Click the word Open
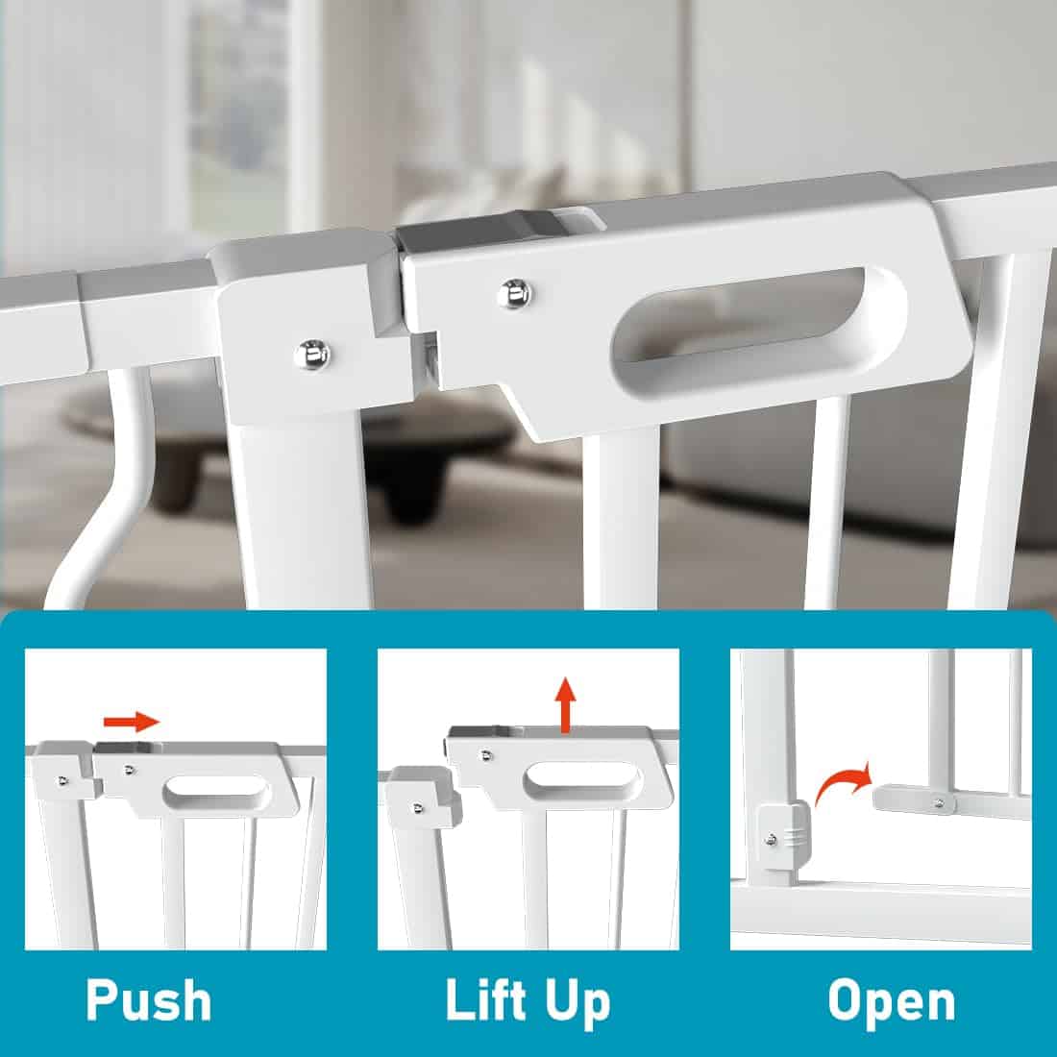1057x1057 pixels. (891, 1003)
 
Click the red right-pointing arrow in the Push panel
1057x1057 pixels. (132, 721)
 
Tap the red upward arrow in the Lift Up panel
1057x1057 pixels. (566, 705)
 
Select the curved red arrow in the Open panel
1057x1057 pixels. (843, 785)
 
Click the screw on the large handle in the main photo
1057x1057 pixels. (515, 294)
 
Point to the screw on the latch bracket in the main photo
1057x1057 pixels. (311, 355)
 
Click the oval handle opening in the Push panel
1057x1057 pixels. (216, 790)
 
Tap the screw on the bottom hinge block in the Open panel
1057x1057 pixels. (772, 840)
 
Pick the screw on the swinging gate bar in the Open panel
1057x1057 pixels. (939, 801)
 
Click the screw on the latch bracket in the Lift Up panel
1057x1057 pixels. (418, 807)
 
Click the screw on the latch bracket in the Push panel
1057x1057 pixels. (62, 780)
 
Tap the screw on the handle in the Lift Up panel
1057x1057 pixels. (486, 755)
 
